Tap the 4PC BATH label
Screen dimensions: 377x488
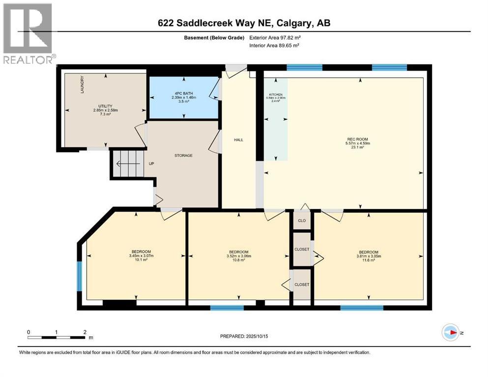pyautogui.click(x=184, y=94)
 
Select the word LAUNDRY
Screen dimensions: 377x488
pyautogui.click(x=83, y=84)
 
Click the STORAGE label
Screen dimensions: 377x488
pyautogui.click(x=183, y=156)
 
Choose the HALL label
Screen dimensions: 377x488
pyautogui.click(x=238, y=140)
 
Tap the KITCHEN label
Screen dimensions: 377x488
pyautogui.click(x=275, y=94)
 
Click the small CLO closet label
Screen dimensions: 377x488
pyautogui.click(x=302, y=220)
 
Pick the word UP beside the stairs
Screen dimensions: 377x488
pyautogui.click(x=152, y=164)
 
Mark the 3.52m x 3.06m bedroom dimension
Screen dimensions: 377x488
pyautogui.click(x=238, y=256)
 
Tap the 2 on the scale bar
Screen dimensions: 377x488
pyautogui.click(x=85, y=332)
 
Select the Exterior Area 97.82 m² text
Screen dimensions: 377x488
pyautogui.click(x=275, y=37)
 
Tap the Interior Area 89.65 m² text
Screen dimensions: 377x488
pyautogui.click(x=275, y=45)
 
